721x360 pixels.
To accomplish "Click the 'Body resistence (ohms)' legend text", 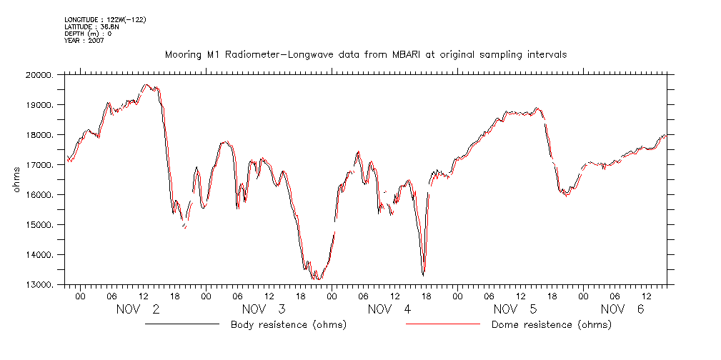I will click(288, 325).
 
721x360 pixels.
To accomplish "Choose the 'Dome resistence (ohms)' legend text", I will click(552, 325).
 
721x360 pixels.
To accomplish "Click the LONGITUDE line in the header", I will click(105, 20).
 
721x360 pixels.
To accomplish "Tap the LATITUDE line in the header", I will click(92, 26).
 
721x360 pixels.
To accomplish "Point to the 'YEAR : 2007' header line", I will click(84, 40).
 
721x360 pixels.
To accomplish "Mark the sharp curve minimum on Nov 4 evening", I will click(424, 275).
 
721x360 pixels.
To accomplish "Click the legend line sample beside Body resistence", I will click(182, 325).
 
